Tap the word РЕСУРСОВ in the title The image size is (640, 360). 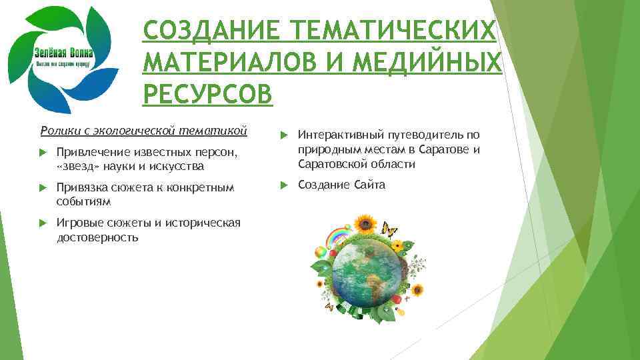207,94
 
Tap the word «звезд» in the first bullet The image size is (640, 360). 79,165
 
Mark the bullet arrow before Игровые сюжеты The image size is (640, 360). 43,224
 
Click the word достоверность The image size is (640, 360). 98,237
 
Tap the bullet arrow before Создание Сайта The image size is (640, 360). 283,185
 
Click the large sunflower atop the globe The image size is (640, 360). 365,224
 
